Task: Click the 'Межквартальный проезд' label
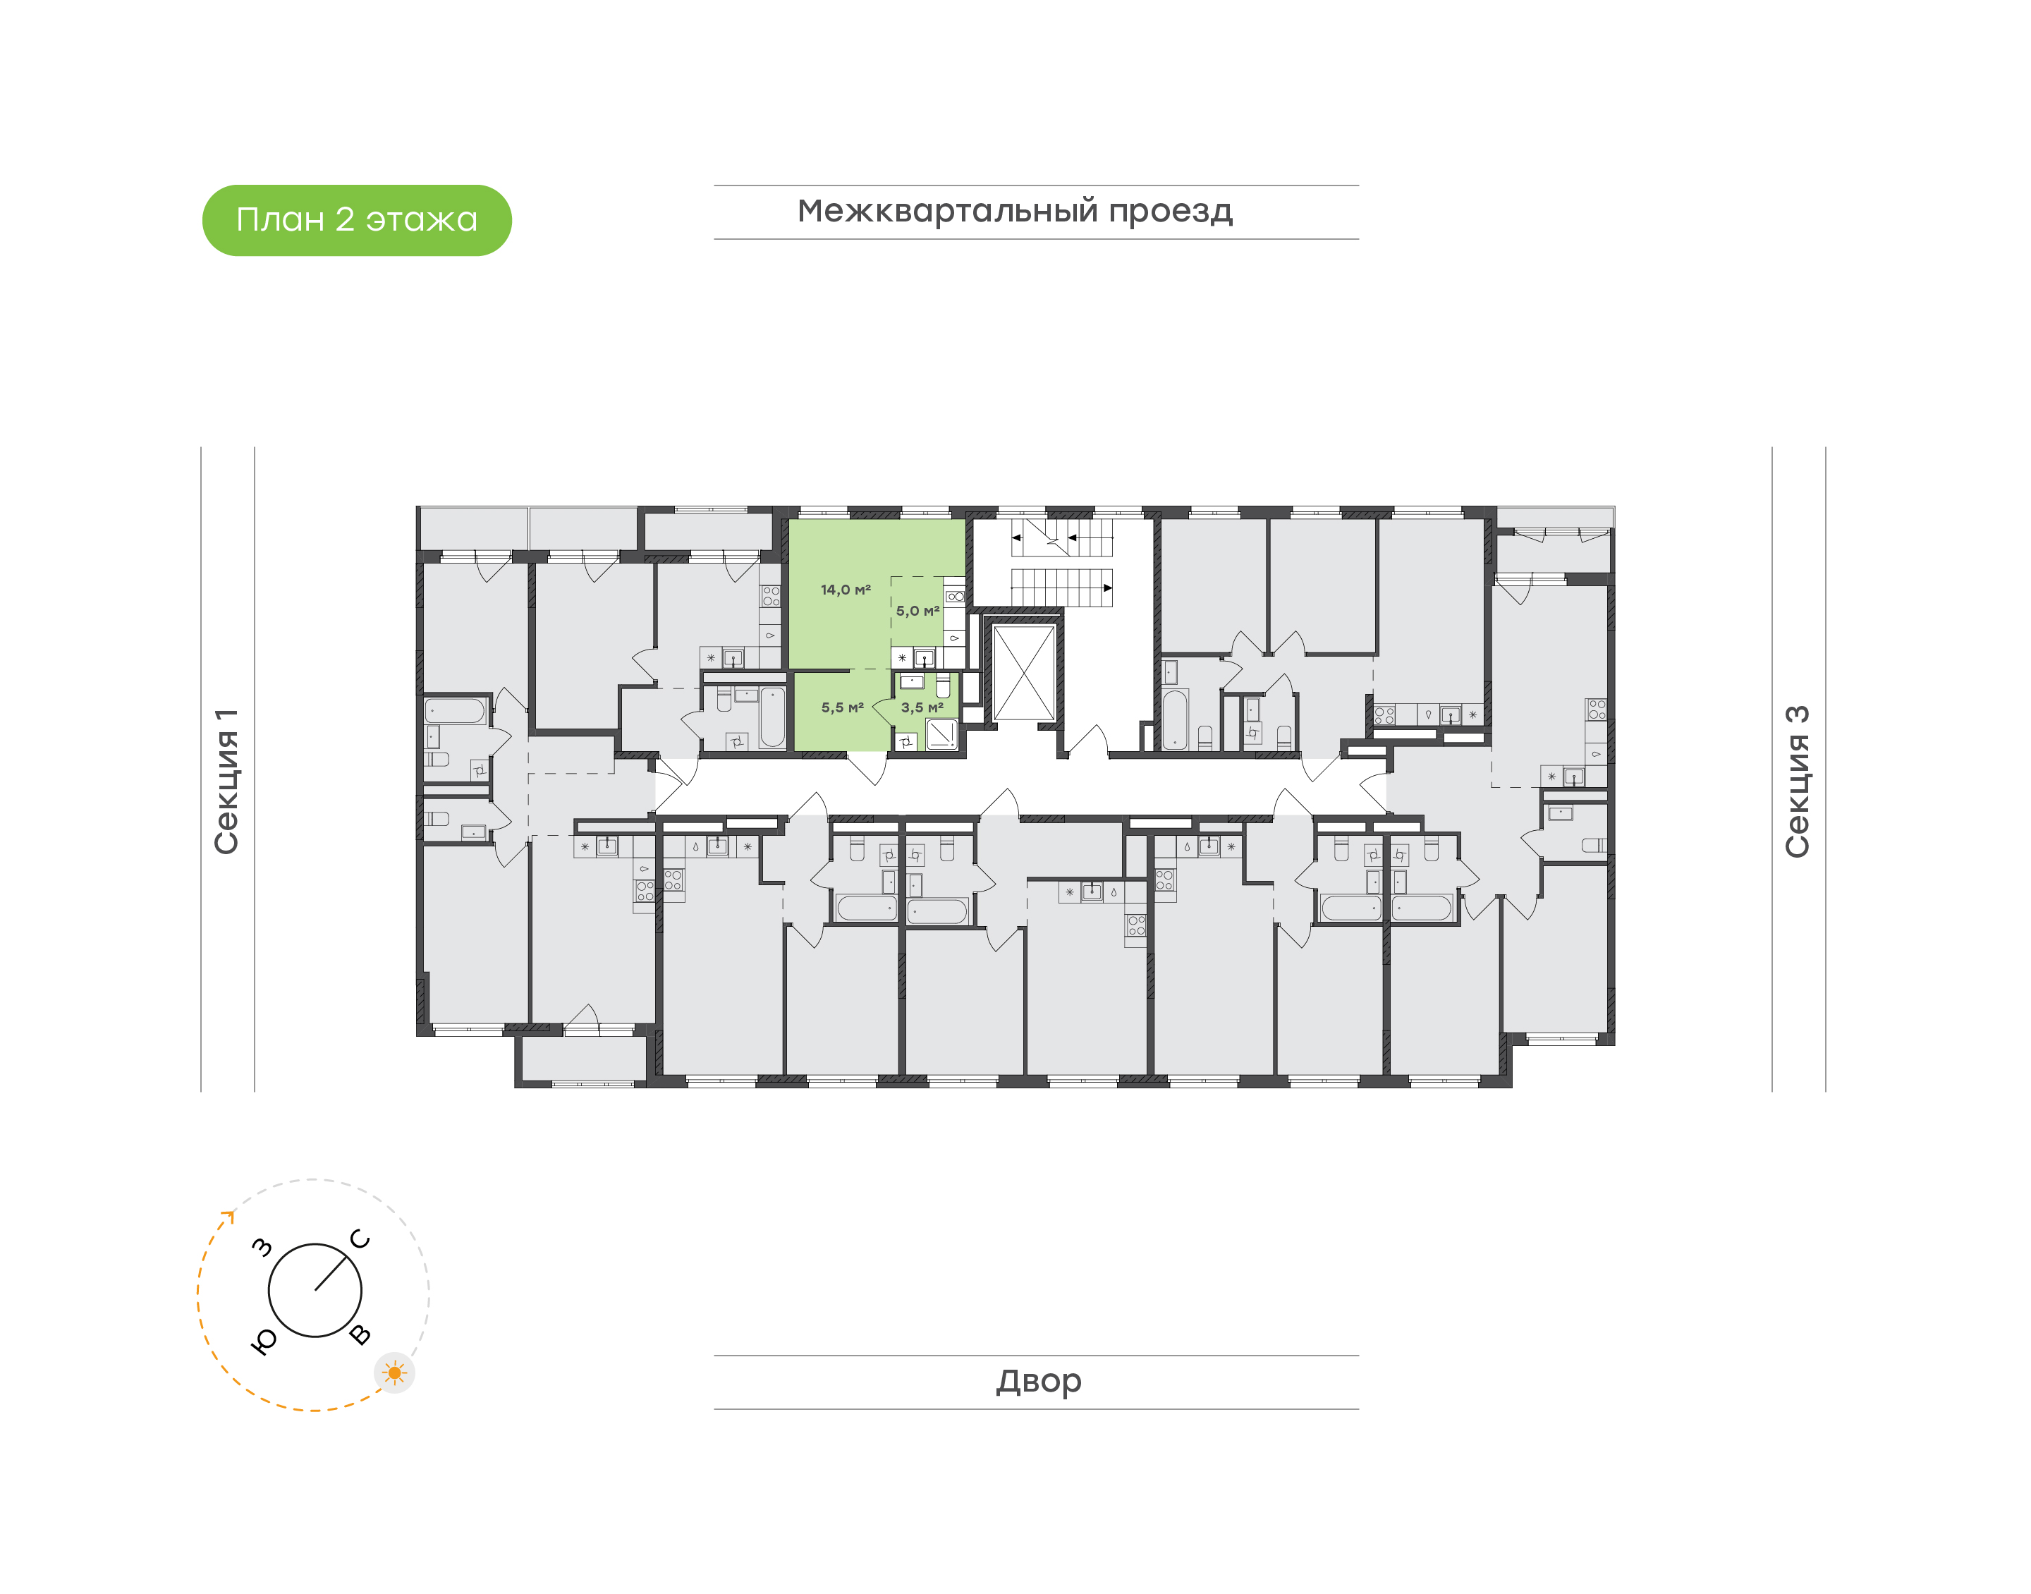click(x=1014, y=212)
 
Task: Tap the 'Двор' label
click(x=1038, y=1381)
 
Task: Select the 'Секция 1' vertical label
click(x=226, y=781)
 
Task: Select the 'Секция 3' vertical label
click(x=1797, y=781)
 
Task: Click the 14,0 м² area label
click(x=846, y=590)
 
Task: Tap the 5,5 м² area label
click(x=843, y=707)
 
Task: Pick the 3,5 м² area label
click(x=922, y=707)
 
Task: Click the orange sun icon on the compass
click(x=395, y=1373)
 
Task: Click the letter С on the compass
click(x=360, y=1239)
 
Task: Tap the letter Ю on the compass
click(x=264, y=1341)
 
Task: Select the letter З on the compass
click(x=263, y=1247)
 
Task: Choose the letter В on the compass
click(x=360, y=1334)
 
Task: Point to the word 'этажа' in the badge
click(x=422, y=220)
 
